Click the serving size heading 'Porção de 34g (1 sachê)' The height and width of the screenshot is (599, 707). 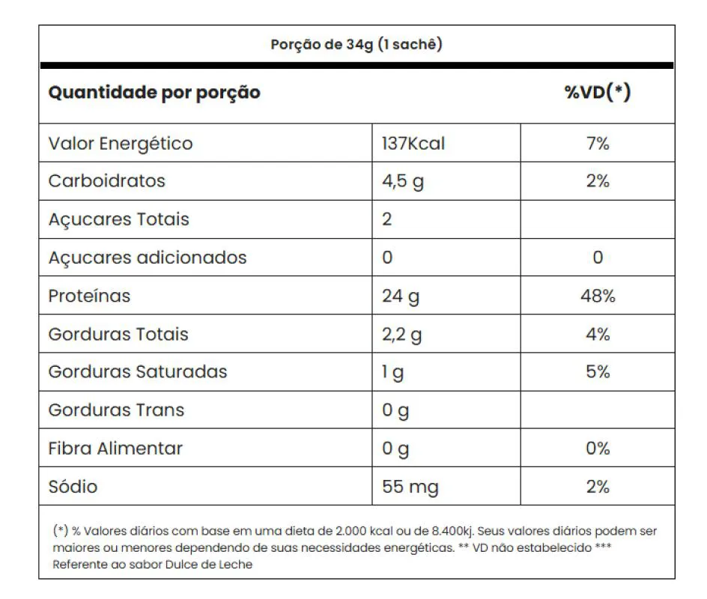point(356,44)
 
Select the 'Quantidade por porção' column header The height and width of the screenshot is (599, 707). point(154,93)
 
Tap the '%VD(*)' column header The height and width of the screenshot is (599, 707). point(597,93)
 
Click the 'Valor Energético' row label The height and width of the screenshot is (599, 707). point(121,143)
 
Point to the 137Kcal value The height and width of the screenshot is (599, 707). point(413,143)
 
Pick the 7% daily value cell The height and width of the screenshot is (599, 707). point(598,143)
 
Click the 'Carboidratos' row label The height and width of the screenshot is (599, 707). point(106,181)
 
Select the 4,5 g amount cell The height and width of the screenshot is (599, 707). point(403,182)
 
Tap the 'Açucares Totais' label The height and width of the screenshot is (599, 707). point(118,219)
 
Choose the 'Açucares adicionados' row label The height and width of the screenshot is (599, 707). point(148,258)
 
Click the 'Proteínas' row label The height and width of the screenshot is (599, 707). point(89,296)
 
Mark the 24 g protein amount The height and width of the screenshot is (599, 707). point(401,297)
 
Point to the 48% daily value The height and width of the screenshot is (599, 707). point(598,296)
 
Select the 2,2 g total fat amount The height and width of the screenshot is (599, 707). point(402,335)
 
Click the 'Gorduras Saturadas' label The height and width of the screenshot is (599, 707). point(138,372)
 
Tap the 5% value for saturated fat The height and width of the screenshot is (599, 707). point(598,372)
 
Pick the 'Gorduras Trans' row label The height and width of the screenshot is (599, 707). point(116,410)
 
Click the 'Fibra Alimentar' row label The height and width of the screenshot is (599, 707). point(115,449)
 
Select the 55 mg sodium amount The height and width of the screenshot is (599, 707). point(410,487)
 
